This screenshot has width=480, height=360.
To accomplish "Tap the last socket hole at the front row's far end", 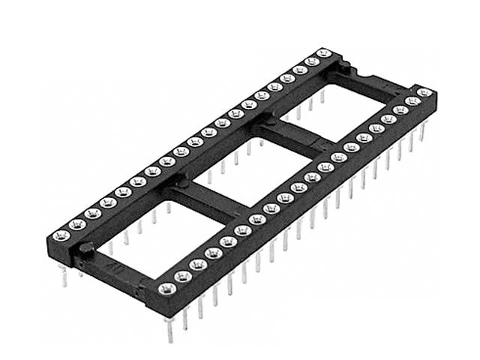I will [424, 93].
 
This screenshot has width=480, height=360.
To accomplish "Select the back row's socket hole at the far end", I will [324, 53].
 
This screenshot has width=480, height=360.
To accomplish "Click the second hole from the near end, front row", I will [182, 276].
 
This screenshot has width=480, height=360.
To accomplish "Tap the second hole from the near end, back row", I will [76, 223].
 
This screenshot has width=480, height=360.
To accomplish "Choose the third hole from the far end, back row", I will [300, 70].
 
